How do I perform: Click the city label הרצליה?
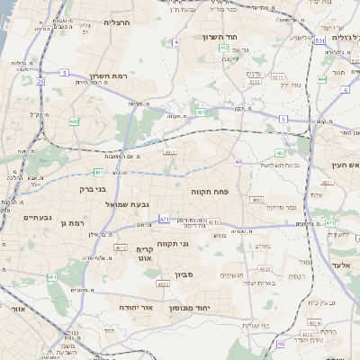coord(118,22)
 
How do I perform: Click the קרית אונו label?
coord(146,254)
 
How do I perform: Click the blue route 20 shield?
coord(40,81)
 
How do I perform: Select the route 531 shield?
coord(321,40)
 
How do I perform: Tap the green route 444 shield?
coord(321,78)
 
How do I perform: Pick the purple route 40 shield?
coord(238,162)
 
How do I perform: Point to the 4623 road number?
coord(163,283)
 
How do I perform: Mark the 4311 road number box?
coord(169,152)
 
